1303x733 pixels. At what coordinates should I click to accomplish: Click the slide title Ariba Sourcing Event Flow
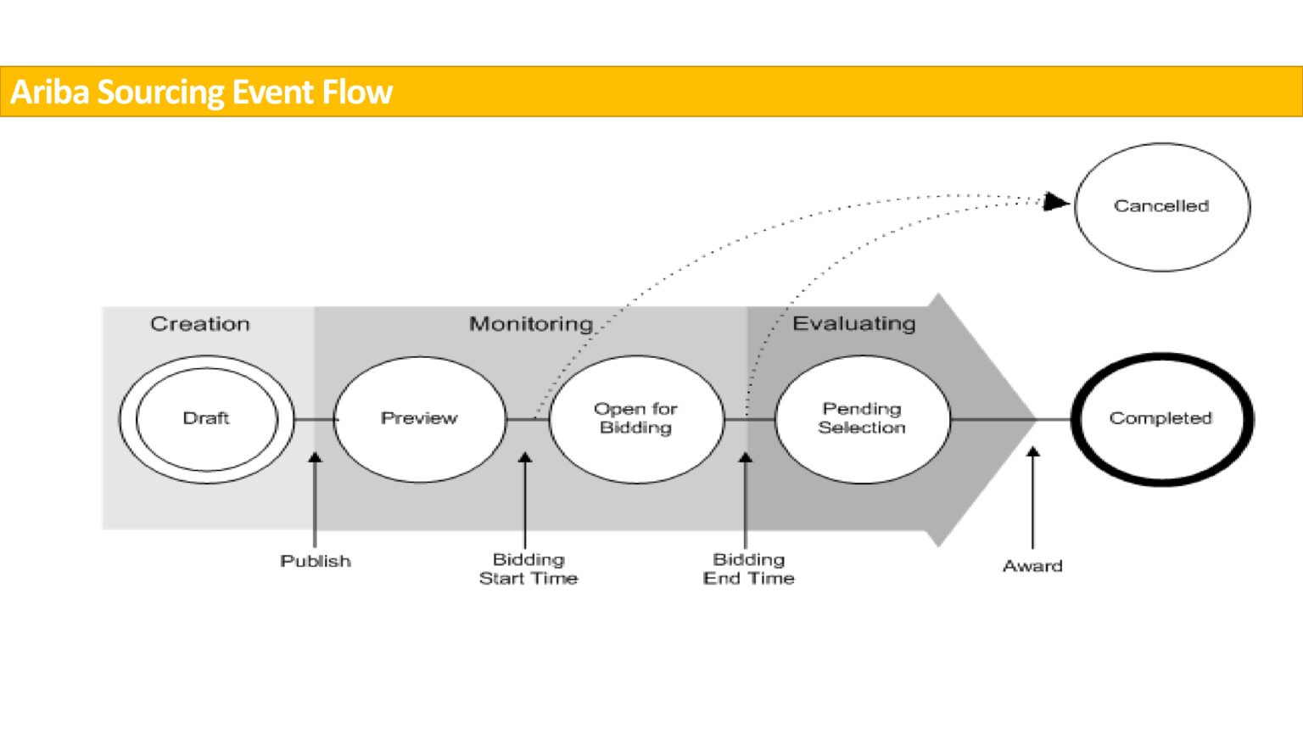click(x=201, y=92)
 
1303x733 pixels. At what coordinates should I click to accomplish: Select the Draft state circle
click(x=206, y=419)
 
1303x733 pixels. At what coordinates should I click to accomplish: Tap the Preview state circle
click(x=419, y=419)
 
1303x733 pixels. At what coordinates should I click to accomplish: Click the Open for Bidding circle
click(x=635, y=419)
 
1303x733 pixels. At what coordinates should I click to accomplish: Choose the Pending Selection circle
click(x=862, y=419)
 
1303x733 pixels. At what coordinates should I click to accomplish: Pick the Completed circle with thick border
click(x=1161, y=419)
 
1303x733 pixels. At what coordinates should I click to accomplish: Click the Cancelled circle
click(x=1161, y=206)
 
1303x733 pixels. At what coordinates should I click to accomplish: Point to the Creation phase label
click(x=200, y=324)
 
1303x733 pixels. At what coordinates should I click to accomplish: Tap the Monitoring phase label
click(x=531, y=324)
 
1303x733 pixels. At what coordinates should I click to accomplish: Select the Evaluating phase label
click(x=853, y=323)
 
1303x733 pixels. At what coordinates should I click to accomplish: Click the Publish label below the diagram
click(x=316, y=562)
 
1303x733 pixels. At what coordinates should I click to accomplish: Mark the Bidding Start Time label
click(x=528, y=569)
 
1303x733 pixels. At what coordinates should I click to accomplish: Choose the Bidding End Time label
click(x=748, y=569)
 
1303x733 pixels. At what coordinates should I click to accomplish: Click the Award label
click(x=1032, y=566)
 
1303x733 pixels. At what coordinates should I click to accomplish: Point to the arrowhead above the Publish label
click(x=315, y=458)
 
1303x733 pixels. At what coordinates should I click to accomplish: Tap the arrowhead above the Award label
click(x=1032, y=452)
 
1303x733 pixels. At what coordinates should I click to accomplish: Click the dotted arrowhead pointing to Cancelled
click(x=1055, y=202)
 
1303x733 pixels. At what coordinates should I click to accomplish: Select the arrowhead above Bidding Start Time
click(x=525, y=458)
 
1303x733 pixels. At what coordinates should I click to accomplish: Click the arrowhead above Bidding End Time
click(x=746, y=458)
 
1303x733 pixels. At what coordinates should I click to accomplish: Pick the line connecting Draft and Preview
click(x=315, y=419)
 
